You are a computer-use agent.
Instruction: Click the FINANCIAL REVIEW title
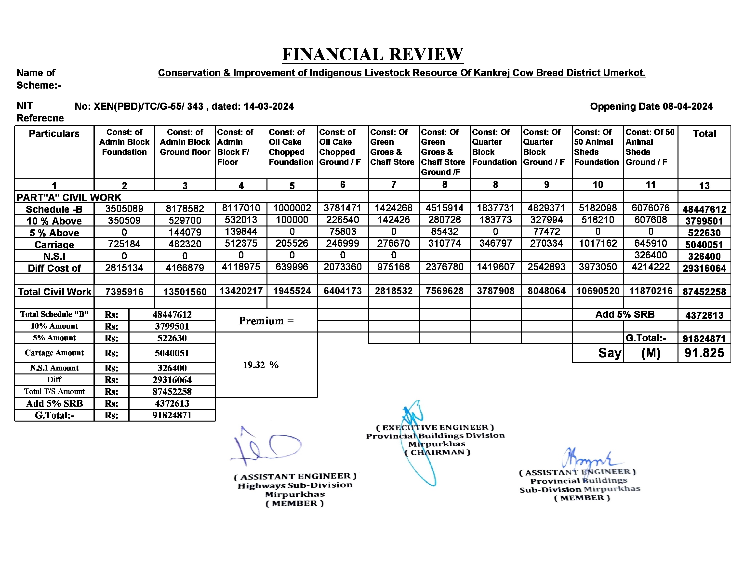372,54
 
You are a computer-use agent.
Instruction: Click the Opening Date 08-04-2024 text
651,106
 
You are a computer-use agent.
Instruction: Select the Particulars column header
54,133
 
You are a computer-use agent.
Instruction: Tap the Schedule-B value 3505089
124,209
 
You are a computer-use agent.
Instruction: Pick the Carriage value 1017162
598,243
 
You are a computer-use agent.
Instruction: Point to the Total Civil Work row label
54,292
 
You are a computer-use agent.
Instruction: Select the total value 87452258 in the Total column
704,292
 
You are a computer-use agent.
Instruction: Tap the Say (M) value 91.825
704,353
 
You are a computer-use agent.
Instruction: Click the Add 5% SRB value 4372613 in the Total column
704,315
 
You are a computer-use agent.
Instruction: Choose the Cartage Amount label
54,353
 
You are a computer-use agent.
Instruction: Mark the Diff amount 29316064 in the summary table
172,380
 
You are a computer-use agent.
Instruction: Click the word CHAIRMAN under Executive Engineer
437,452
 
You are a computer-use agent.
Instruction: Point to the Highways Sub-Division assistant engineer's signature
266,447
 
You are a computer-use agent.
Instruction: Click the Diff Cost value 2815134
124,268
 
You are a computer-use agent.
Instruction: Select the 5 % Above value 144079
185,232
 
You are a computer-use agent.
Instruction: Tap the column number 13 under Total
704,186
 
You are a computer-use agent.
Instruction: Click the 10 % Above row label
54,221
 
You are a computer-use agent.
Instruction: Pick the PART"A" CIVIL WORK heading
69,198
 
